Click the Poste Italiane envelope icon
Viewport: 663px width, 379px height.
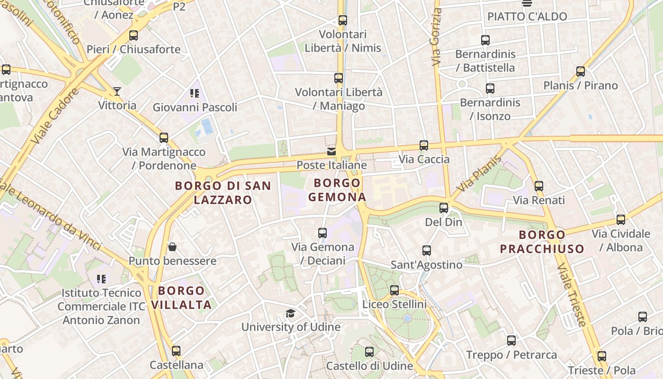coord(331,152)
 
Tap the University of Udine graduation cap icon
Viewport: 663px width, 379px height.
coord(290,314)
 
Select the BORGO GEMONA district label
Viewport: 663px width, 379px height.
coord(337,190)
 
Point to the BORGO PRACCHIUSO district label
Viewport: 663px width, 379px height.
coord(542,242)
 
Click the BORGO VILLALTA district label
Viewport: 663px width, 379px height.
coord(181,298)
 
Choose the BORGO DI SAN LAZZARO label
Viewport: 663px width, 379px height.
coord(223,192)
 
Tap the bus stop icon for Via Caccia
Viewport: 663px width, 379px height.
coord(424,145)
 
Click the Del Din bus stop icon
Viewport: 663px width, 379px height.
coord(444,208)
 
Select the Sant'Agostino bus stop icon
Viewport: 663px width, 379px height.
coord(427,251)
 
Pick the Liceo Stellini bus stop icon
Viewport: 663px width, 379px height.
coord(394,290)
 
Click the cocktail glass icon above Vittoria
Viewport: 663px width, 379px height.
coord(117,91)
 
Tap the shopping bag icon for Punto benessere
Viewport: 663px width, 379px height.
coord(172,247)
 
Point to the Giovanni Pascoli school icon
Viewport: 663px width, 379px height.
coord(195,93)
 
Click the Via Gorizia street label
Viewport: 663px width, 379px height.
coord(436,37)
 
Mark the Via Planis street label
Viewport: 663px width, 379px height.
coord(479,174)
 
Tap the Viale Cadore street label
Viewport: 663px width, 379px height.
coord(55,116)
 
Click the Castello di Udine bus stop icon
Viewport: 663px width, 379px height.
coord(369,352)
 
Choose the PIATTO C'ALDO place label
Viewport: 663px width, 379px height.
coord(527,17)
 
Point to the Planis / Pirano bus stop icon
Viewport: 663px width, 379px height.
coord(581,72)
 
